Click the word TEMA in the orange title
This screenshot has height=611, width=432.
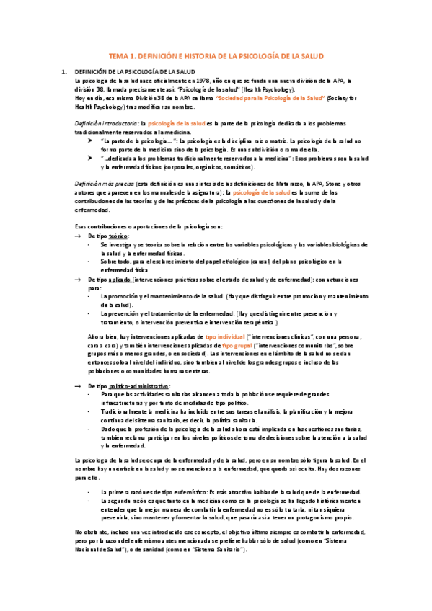tap(118, 55)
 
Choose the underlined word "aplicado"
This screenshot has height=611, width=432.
tap(123, 279)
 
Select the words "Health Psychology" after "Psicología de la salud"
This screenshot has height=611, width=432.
tap(267, 89)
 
